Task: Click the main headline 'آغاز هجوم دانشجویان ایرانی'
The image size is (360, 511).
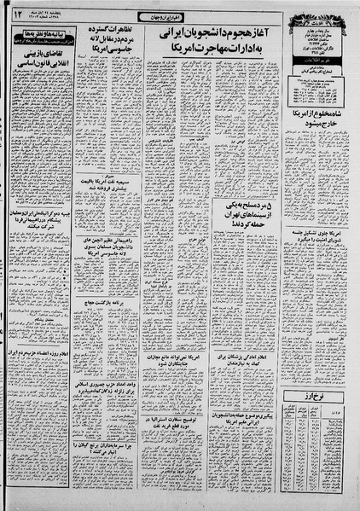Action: coord(223,38)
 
